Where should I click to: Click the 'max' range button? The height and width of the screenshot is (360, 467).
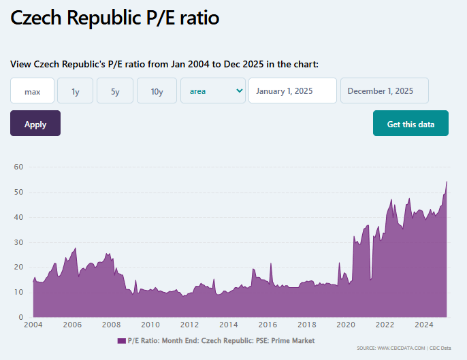click(x=32, y=91)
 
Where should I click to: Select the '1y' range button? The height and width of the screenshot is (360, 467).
click(x=75, y=91)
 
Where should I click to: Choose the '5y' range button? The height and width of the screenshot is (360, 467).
click(x=115, y=91)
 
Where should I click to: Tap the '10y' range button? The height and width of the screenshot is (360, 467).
click(x=157, y=91)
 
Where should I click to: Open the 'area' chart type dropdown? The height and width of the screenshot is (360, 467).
click(x=213, y=91)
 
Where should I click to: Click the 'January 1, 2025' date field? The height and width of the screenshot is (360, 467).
click(x=293, y=91)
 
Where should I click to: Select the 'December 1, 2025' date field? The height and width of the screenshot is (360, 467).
click(x=385, y=91)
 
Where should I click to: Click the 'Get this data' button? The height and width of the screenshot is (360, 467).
click(x=410, y=124)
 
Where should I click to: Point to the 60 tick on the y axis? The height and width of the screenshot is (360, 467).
click(x=18, y=167)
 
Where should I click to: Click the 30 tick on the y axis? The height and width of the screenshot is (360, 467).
click(x=18, y=242)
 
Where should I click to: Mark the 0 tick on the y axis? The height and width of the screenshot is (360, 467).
click(x=21, y=317)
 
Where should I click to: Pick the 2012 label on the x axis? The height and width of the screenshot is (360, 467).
click(x=189, y=325)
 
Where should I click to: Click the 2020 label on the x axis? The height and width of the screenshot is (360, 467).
click(x=346, y=325)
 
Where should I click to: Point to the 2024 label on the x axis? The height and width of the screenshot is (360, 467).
click(x=424, y=325)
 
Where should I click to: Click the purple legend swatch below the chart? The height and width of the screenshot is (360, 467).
click(x=121, y=340)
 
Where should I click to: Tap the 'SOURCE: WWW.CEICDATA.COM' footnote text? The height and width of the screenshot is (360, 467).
click(x=391, y=348)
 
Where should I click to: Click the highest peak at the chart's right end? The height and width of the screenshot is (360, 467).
click(x=447, y=182)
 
